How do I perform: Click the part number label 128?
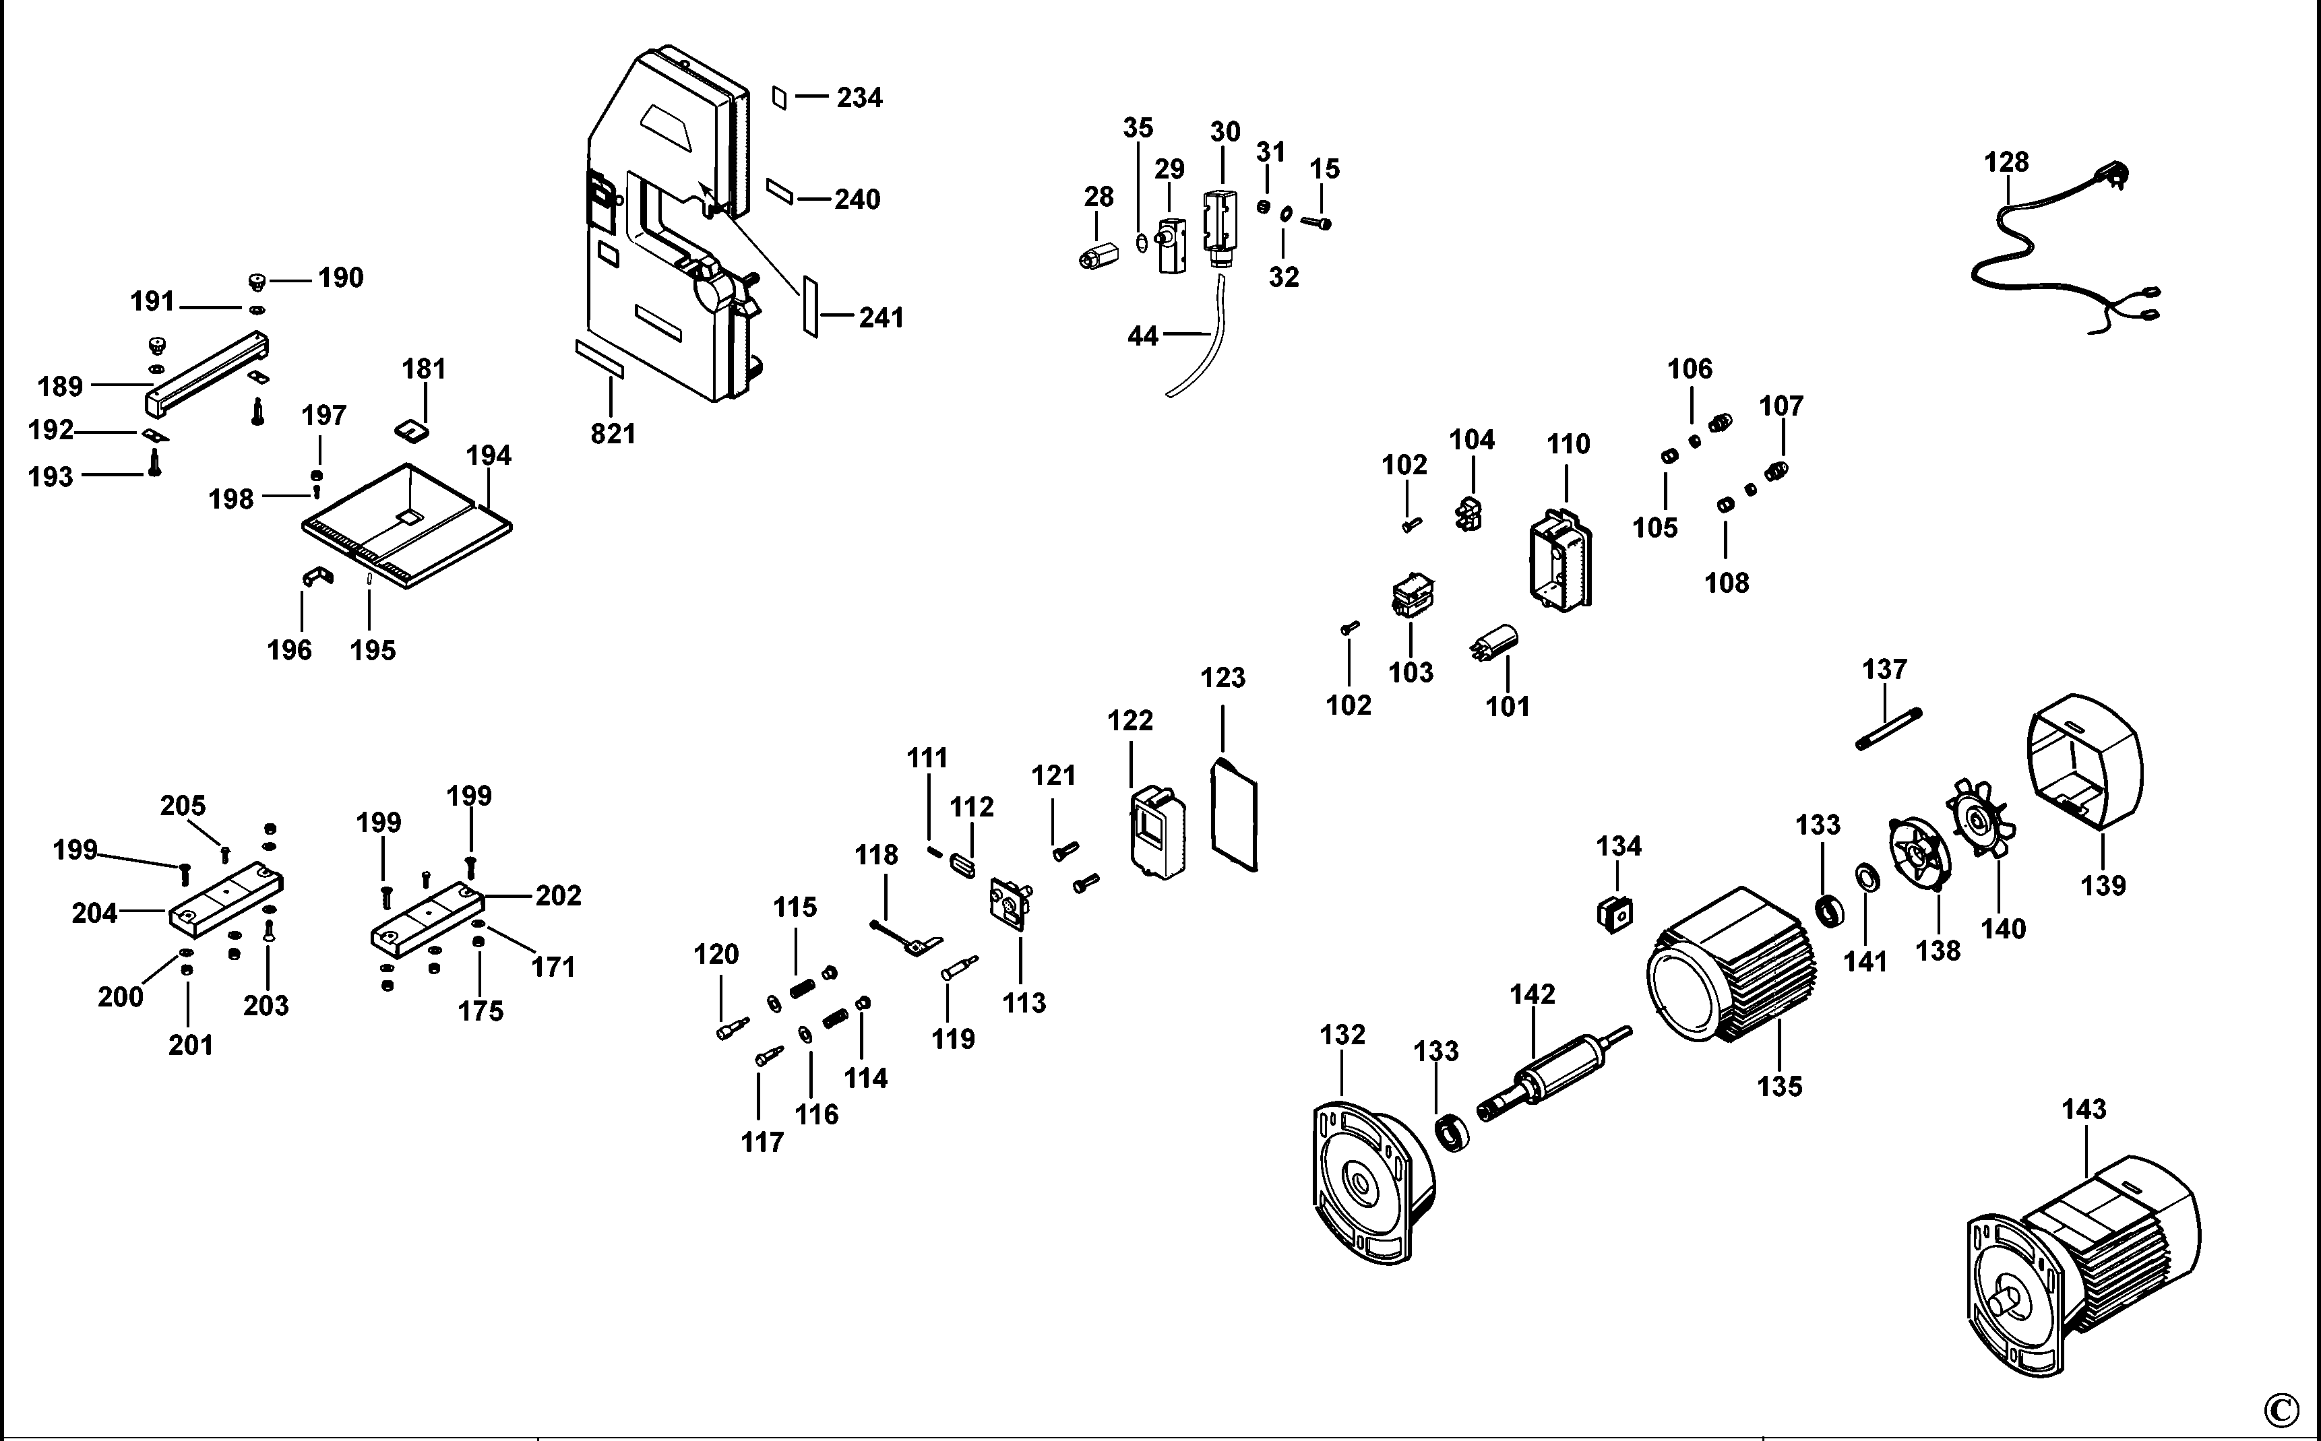[x=2006, y=162]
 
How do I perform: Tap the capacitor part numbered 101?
[x=1495, y=643]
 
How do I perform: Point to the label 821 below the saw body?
[x=612, y=434]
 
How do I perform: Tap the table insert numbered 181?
[x=412, y=428]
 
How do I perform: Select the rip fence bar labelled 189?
[x=205, y=374]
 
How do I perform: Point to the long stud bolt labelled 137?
[x=1888, y=729]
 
